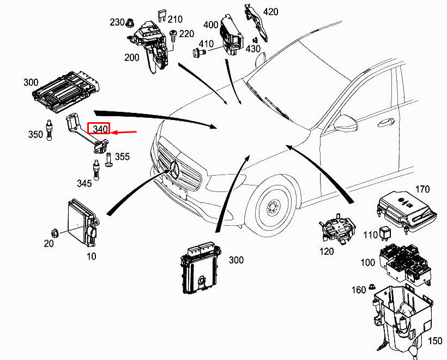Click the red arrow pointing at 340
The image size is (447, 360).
124,132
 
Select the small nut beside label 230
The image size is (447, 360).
130,25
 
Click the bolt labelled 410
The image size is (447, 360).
198,53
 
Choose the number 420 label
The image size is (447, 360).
270,11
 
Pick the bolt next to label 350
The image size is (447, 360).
50,130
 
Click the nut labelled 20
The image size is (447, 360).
56,231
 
